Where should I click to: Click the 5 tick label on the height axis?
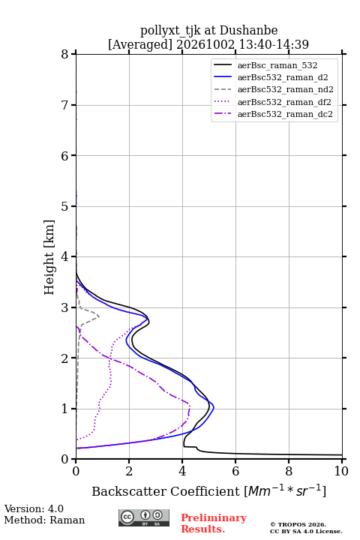point(65,206)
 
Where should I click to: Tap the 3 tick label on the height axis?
point(65,307)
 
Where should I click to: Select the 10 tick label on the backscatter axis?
point(341,471)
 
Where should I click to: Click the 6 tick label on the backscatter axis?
point(235,471)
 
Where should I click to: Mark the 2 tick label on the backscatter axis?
point(129,471)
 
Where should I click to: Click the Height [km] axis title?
point(49,257)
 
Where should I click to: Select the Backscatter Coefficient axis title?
point(208,490)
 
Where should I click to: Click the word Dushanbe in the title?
point(248,31)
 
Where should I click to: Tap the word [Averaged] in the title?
point(140,45)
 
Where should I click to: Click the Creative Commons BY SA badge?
point(144,517)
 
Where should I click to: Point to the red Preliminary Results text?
point(214,523)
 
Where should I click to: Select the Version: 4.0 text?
point(34,509)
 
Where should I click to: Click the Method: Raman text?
point(44,520)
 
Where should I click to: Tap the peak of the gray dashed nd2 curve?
point(99,316)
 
